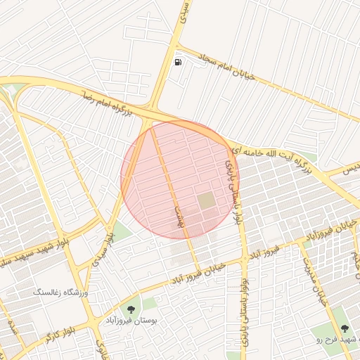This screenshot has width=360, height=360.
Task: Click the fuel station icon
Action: [179, 63]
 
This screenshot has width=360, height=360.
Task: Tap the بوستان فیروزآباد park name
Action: [129, 321]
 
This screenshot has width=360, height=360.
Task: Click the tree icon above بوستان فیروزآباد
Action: [131, 309]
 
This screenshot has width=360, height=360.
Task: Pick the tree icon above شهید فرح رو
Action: [345, 328]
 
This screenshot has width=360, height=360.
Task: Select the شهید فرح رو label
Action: [338, 340]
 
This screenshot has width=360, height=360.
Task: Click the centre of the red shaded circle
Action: [180, 179]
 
